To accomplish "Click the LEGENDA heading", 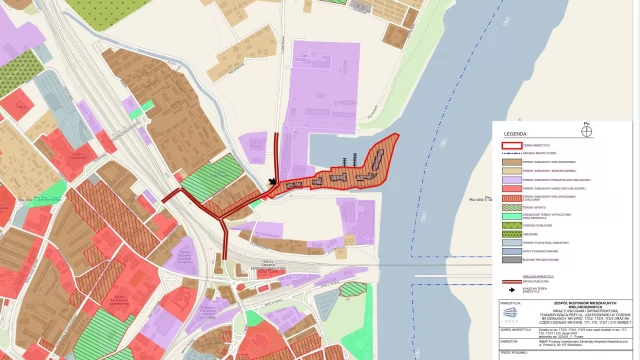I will click(x=515, y=132).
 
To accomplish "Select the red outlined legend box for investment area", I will click(x=514, y=145).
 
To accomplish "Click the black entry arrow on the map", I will click(x=273, y=182).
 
